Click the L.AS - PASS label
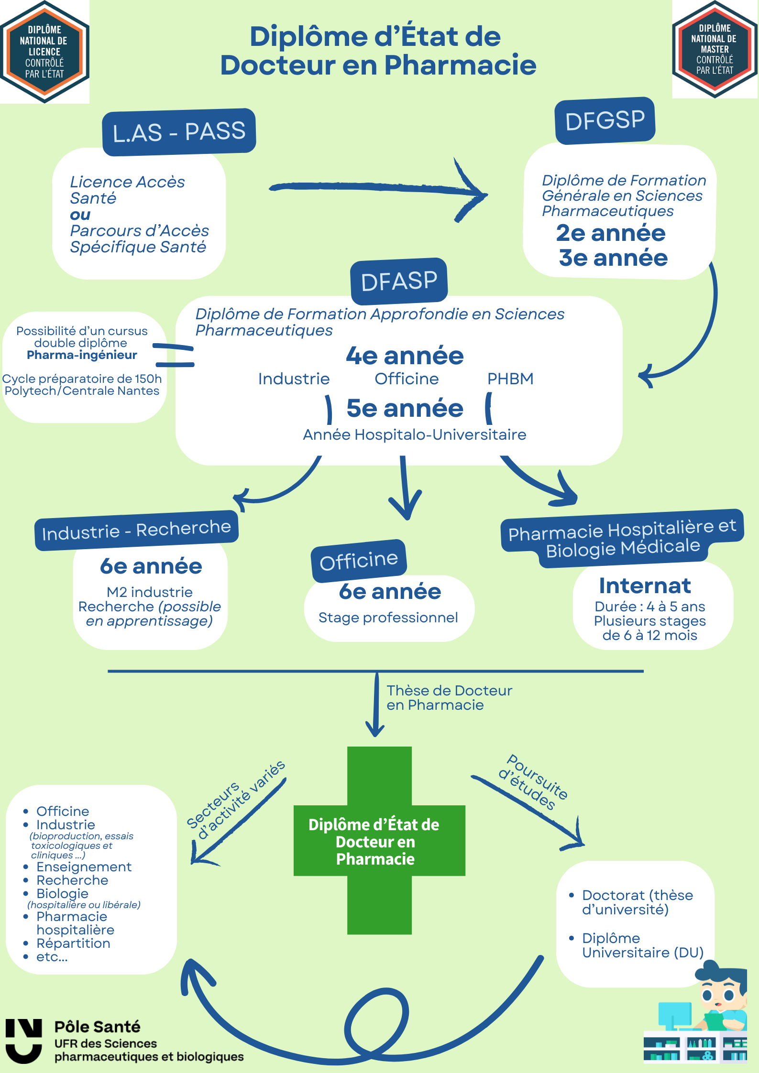point(179,132)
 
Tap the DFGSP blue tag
point(605,120)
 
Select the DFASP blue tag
point(399,281)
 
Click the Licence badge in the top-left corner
point(44,52)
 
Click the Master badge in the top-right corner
point(715,49)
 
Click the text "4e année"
point(405,356)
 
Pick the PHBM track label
point(510,379)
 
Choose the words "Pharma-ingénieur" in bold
point(82,355)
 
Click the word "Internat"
point(645,586)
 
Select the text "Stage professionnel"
point(388,618)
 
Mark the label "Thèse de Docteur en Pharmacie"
point(449,698)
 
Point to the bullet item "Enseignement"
point(84,867)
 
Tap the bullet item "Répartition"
point(73,943)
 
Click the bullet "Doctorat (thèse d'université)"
point(637,902)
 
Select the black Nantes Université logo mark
point(23,1040)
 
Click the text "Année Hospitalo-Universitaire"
point(414,434)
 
